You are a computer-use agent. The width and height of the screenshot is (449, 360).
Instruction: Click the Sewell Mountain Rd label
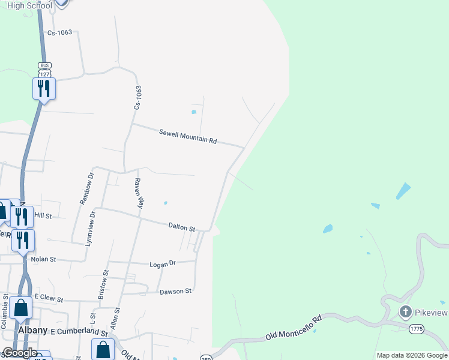[x=187, y=136]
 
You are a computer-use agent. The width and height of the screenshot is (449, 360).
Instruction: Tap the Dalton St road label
[x=182, y=227]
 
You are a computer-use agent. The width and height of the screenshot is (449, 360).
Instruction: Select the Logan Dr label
[x=162, y=263]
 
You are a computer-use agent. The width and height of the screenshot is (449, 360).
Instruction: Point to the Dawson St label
[x=175, y=292]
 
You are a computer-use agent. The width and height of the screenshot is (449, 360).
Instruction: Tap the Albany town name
[x=32, y=331]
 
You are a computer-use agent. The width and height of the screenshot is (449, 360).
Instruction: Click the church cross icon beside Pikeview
[x=405, y=312]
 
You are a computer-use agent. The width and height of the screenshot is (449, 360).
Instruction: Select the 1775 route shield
[x=417, y=329]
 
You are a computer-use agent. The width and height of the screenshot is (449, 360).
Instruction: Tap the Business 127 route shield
[x=44, y=69]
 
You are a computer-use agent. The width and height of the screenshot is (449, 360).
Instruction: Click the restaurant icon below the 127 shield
[x=44, y=89]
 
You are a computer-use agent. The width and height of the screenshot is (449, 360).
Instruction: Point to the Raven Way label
[x=139, y=193]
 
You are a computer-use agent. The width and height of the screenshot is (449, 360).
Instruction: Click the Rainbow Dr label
[x=87, y=188]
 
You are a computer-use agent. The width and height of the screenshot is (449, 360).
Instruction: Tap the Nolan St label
[x=43, y=259]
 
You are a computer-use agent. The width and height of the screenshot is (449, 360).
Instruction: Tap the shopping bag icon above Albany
[x=21, y=308]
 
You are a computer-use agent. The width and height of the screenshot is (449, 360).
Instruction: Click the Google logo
[x=20, y=353]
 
